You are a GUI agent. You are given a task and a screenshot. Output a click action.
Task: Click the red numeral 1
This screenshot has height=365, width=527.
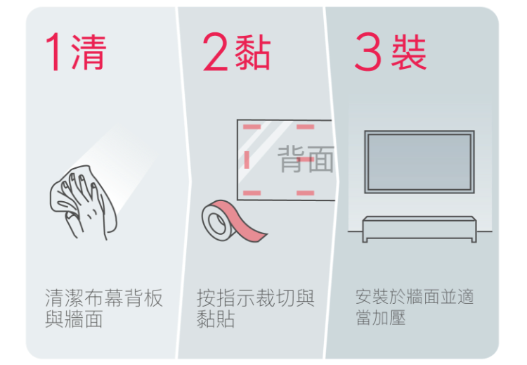click(54, 51)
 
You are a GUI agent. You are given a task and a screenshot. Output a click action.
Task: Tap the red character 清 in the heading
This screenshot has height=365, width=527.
click(89, 52)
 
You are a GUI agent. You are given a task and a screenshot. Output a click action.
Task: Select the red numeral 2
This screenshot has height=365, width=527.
click(215, 51)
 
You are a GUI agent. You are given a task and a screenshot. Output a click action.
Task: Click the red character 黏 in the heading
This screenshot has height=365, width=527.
click(252, 52)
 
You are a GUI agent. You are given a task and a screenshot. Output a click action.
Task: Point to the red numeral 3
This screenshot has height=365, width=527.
click(367, 51)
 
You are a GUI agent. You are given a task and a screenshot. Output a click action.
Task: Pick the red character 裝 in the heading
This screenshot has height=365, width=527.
click(409, 52)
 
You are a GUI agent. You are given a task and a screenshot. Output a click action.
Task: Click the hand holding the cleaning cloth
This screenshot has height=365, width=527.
click(84, 202)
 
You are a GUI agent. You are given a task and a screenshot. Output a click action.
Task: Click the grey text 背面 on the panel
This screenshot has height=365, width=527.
click(306, 160)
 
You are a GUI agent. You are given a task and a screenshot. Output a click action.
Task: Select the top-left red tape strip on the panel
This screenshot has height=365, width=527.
click(252, 127)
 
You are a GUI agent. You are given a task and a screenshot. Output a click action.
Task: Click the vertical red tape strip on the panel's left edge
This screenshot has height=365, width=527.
click(247, 160)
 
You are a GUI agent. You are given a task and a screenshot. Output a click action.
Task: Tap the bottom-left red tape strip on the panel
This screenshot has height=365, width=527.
click(252, 193)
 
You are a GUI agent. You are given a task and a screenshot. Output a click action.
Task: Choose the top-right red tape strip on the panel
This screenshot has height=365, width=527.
click(306, 127)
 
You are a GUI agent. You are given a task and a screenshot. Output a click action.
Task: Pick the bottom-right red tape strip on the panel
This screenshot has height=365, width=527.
click(306, 193)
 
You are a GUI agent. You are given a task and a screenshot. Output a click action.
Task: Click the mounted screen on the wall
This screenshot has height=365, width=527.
click(419, 162)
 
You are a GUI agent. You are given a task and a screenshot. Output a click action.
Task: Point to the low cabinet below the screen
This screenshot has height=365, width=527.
click(419, 229)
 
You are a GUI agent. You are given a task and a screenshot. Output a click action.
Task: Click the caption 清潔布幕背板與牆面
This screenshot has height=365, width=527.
click(103, 308)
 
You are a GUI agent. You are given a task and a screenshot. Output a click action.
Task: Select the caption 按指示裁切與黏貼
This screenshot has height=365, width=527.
click(256, 308)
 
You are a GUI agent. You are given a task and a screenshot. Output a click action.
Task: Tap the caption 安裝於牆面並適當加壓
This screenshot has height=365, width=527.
click(415, 307)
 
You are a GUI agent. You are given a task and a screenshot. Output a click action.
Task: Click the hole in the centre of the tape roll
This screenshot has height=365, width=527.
click(217, 223)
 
